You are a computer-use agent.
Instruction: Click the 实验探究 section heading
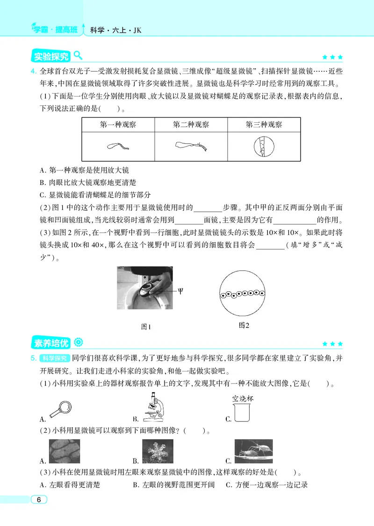click(x=51, y=57)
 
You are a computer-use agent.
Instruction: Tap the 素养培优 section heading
click(x=51, y=343)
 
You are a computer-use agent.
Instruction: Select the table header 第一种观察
click(x=118, y=125)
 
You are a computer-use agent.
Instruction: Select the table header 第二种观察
click(x=191, y=125)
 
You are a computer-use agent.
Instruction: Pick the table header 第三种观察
click(x=264, y=125)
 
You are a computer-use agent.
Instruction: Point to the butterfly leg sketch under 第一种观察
click(x=117, y=147)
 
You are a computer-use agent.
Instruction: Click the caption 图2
click(x=244, y=325)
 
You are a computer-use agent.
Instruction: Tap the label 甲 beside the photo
click(x=181, y=290)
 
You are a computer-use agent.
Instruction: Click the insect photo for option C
click(x=253, y=452)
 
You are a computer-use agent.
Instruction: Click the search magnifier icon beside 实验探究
click(x=78, y=56)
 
